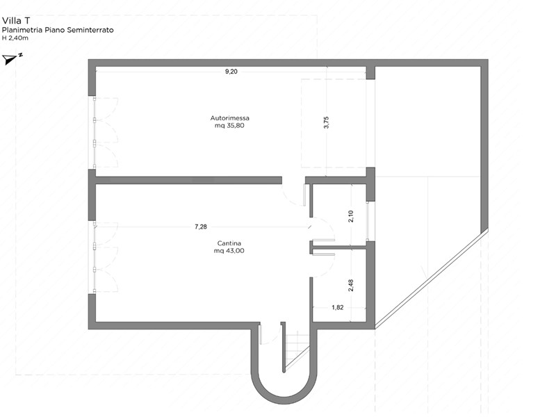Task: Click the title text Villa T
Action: (x=15, y=21)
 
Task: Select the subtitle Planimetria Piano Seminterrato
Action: (x=58, y=30)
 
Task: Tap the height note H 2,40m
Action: (x=15, y=38)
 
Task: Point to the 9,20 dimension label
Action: (x=231, y=72)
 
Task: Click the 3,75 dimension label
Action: (x=326, y=122)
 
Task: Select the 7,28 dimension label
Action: (x=201, y=227)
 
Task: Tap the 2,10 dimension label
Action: (x=351, y=216)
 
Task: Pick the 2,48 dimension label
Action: (x=351, y=286)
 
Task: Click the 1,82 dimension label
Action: (x=338, y=307)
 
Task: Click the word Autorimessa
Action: (x=230, y=118)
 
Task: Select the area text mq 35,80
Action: (x=229, y=126)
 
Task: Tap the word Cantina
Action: (x=229, y=243)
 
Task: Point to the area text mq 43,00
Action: (x=229, y=251)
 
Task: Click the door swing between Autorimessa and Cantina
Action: (x=293, y=196)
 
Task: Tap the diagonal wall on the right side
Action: (x=431, y=279)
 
